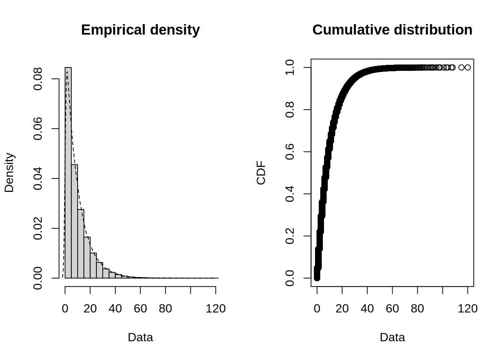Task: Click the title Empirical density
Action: point(140,30)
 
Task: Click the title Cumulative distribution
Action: point(392,30)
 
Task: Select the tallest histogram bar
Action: point(68,172)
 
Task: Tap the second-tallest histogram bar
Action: point(75,221)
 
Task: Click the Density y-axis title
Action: point(9,172)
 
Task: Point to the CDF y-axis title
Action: point(261,172)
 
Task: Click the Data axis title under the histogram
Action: point(140,337)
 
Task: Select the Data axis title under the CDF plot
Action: point(392,337)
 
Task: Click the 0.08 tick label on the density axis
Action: point(38,79)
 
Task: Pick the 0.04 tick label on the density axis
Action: point(38,178)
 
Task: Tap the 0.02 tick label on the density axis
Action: point(38,228)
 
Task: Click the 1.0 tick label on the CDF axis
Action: point(290,67)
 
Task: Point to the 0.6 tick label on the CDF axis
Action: point(290,151)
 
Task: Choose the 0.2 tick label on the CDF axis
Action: point(290,236)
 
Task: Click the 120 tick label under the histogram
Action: point(216,309)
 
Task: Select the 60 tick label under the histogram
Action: point(140,309)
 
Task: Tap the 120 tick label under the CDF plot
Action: point(468,309)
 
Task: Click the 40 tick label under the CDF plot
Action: point(367,309)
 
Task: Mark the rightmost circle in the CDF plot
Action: point(467,67)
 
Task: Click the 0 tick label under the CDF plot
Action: point(317,309)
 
